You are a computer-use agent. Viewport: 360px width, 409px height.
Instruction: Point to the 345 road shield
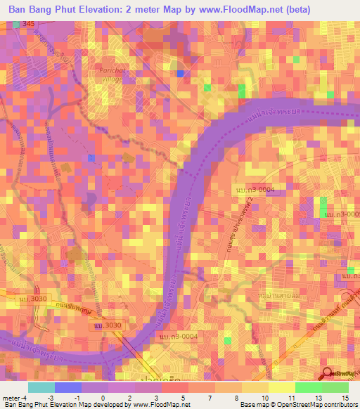(x=28, y=24)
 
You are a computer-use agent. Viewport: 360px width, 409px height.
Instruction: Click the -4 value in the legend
(x=25, y=398)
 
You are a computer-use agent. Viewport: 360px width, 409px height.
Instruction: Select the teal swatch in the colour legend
(x=41, y=387)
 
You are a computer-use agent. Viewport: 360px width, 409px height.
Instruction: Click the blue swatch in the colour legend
(x=67, y=387)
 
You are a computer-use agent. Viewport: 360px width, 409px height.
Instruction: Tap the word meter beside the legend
(x=11, y=398)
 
